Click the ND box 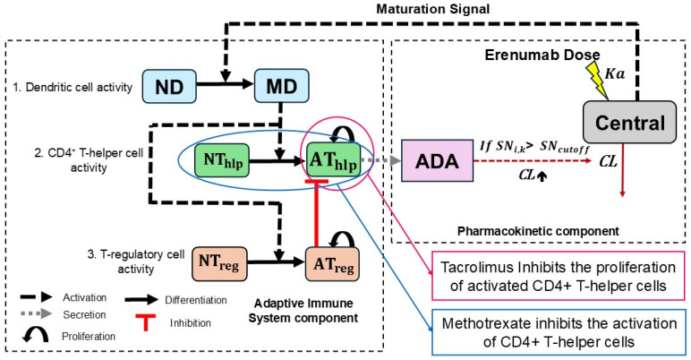pos(169,87)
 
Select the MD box pos(282,86)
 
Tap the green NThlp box pos(222,160)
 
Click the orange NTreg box pos(219,264)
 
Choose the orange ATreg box pos(332,264)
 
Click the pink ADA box pos(437,160)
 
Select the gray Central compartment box pos(629,122)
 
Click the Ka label pos(615,73)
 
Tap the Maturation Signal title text pos(432,9)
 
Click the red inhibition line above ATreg pos(317,213)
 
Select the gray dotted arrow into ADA pos(380,160)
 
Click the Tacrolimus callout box pos(559,276)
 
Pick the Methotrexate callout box pos(559,332)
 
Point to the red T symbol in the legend pos(145,322)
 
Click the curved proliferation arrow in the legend pos(35,335)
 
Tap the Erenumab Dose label pos(542,55)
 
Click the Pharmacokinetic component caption pos(538,231)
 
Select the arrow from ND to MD pos(226,83)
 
